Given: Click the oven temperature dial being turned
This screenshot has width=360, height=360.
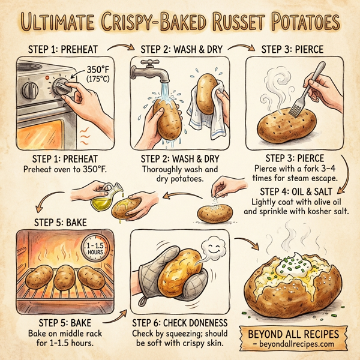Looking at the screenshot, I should click(61, 88).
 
